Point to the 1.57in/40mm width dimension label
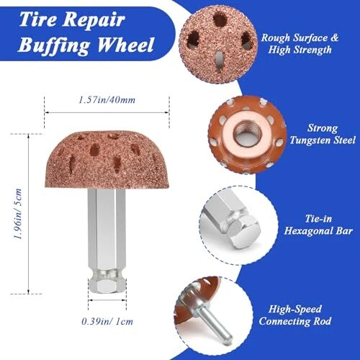coord(107,99)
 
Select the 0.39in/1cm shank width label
coord(107,321)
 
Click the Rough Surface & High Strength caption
coord(300,44)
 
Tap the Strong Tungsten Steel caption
coord(323,134)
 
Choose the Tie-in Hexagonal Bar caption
coord(318,225)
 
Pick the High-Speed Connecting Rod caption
coord(295,315)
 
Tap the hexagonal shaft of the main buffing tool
coord(107,229)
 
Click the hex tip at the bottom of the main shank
coord(107,285)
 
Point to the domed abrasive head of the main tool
coord(107,159)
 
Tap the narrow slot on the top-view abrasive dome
coord(219,61)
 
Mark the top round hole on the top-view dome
coord(220,19)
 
